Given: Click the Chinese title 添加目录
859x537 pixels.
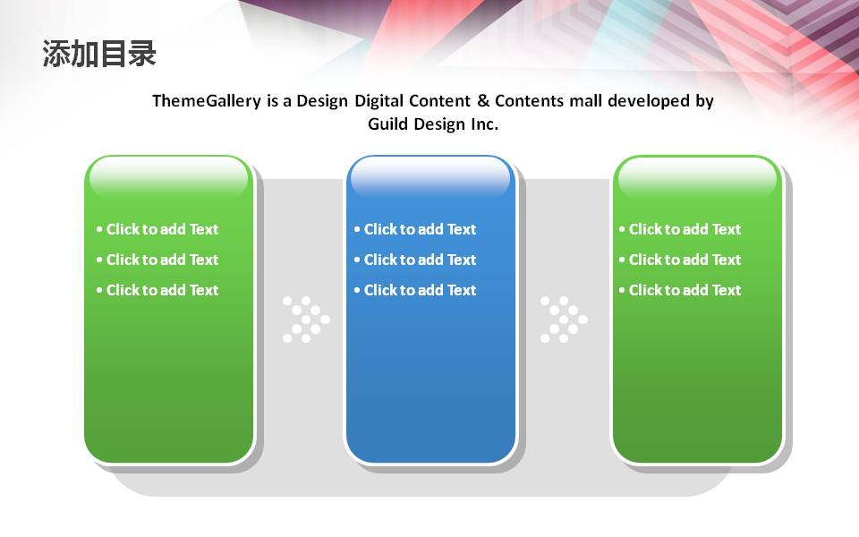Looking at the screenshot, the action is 99,54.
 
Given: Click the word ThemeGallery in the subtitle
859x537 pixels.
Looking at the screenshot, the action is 207,101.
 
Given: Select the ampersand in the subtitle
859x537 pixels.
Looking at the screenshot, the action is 482,101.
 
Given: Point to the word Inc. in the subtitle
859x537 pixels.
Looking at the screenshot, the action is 484,124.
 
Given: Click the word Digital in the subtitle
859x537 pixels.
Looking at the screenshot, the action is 378,101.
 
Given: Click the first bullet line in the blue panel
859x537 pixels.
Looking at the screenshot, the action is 414,229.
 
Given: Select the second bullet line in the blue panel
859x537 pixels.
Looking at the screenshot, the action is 414,260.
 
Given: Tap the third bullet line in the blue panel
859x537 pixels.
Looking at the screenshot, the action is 414,290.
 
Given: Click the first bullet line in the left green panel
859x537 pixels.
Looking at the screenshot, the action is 157,229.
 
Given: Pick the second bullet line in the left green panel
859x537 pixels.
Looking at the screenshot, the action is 157,260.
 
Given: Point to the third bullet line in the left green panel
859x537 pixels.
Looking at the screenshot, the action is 157,290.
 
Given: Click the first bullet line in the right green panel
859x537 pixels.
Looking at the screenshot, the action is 680,229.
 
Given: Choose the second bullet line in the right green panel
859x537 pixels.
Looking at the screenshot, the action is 680,260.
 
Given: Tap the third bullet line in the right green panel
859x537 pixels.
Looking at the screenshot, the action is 680,290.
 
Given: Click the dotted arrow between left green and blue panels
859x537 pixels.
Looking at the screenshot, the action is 306,320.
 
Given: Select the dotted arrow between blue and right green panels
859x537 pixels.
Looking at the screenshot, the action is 564,320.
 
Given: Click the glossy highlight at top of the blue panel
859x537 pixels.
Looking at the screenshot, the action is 430,177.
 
